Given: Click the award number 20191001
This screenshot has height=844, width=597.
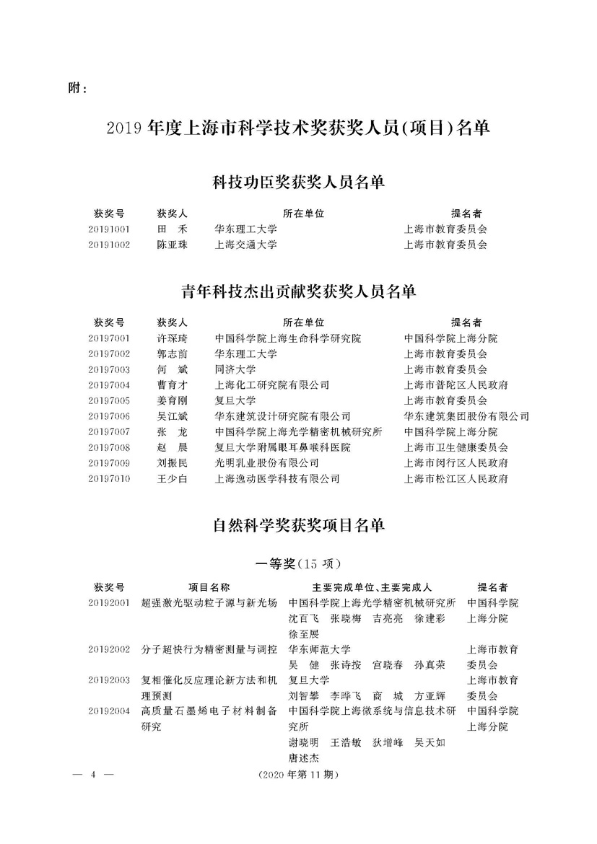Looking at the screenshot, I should (109, 229).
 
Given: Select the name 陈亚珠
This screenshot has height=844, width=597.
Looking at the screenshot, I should (172, 245).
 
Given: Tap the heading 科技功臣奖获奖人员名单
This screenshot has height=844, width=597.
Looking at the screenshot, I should (298, 182).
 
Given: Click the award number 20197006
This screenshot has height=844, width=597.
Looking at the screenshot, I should (109, 416).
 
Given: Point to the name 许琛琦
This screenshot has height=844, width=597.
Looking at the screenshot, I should (172, 338).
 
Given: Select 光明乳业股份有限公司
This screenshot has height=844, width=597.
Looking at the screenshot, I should (266, 463).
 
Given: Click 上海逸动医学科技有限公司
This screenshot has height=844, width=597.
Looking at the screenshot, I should (277, 478).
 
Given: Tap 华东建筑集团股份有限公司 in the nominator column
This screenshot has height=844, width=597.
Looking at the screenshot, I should (466, 416).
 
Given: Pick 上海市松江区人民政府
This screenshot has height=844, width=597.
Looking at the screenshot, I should (456, 478).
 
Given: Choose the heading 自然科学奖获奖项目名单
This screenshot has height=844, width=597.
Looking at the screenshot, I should (298, 526).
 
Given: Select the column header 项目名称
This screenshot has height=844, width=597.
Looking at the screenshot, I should (209, 586).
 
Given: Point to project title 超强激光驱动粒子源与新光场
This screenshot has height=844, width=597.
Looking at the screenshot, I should (209, 602).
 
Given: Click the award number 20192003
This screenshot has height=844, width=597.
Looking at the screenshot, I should (109, 680).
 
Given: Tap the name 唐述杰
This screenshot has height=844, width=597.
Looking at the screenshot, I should (304, 757).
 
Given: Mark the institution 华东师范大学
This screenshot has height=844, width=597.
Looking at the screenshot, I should (320, 649).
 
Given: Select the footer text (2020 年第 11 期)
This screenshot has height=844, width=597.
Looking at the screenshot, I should (297, 775).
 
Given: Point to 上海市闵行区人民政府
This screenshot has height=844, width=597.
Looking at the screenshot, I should (456, 463).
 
